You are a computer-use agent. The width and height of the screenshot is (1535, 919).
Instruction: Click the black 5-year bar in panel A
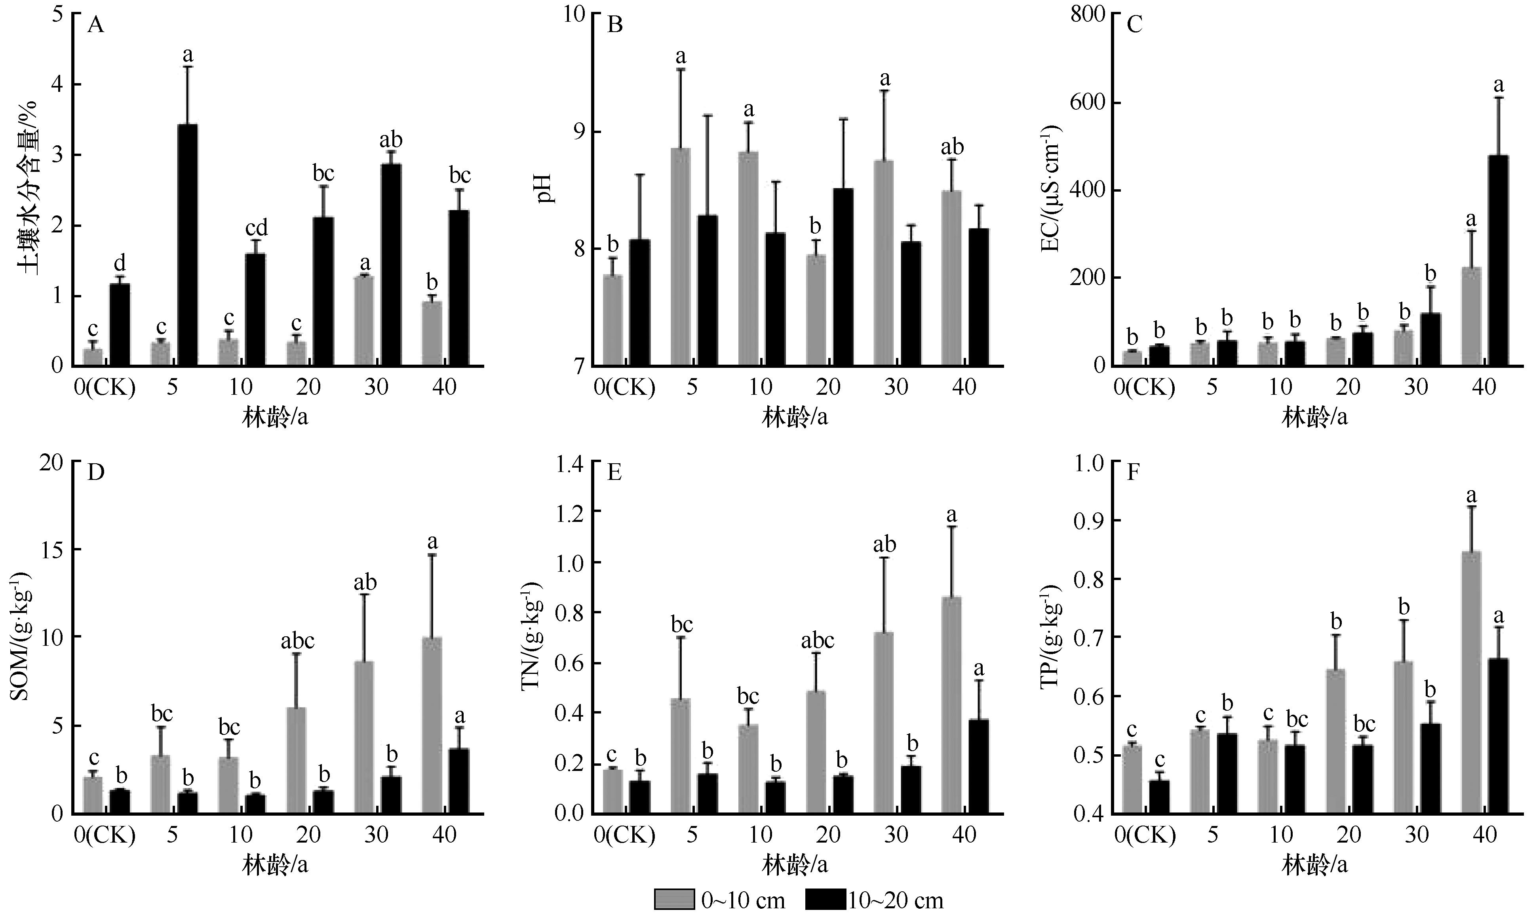[x=188, y=245]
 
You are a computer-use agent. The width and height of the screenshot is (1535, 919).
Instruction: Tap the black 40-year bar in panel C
[x=1498, y=260]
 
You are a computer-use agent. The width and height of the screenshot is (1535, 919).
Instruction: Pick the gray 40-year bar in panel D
[x=432, y=725]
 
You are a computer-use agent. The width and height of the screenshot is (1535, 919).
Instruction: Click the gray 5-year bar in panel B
[x=681, y=257]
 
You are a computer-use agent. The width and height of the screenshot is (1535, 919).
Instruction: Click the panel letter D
[x=95, y=473]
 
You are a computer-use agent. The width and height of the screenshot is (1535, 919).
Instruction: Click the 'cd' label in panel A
[x=256, y=228]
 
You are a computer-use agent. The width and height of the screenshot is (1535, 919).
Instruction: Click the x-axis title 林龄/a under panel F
[x=1314, y=865]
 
